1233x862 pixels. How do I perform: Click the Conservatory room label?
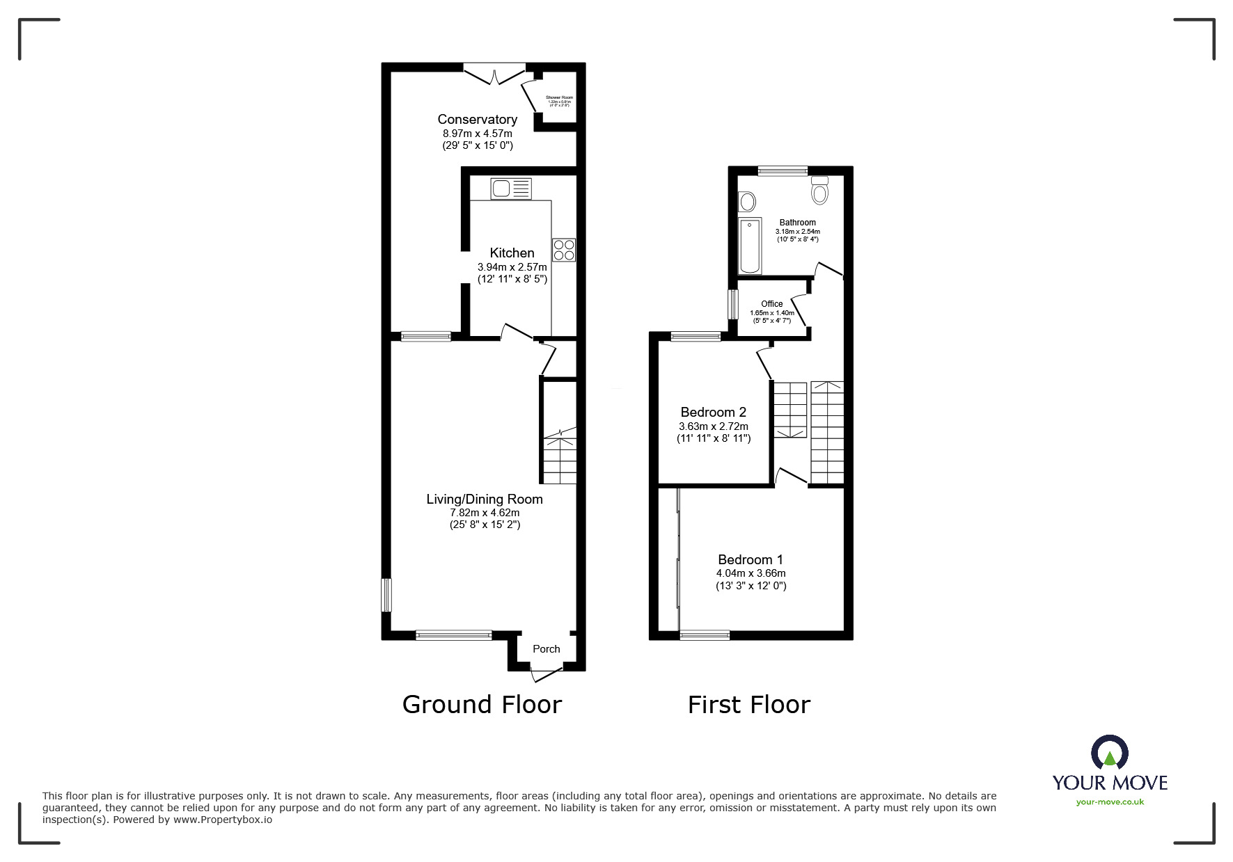pyautogui.click(x=477, y=120)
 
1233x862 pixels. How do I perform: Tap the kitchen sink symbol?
pyautogui.click(x=510, y=189)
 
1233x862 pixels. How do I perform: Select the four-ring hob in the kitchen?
pyautogui.click(x=564, y=250)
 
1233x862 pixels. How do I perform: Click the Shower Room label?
pyautogui.click(x=559, y=97)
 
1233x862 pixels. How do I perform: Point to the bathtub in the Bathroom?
pyautogui.click(x=750, y=246)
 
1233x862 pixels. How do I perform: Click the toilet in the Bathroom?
pyautogui.click(x=820, y=191)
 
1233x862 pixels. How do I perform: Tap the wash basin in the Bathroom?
pyautogui.click(x=747, y=202)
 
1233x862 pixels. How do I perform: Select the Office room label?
pyautogui.click(x=771, y=304)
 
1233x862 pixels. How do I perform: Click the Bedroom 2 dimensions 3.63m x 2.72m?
pyautogui.click(x=714, y=426)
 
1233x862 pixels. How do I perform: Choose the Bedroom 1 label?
pyautogui.click(x=751, y=559)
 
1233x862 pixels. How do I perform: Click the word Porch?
pyautogui.click(x=546, y=649)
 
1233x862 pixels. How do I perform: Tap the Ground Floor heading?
pyautogui.click(x=482, y=705)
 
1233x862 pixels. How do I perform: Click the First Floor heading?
pyautogui.click(x=748, y=705)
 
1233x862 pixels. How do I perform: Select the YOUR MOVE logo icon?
pyautogui.click(x=1109, y=753)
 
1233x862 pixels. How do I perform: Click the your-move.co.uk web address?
pyautogui.click(x=1110, y=802)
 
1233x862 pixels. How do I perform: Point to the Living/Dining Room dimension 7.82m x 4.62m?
pyautogui.click(x=485, y=513)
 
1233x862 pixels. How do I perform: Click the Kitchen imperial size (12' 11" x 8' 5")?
pyautogui.click(x=512, y=279)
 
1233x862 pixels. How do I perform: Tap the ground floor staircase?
pyautogui.click(x=560, y=456)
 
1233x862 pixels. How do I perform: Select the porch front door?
pyautogui.click(x=546, y=673)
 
